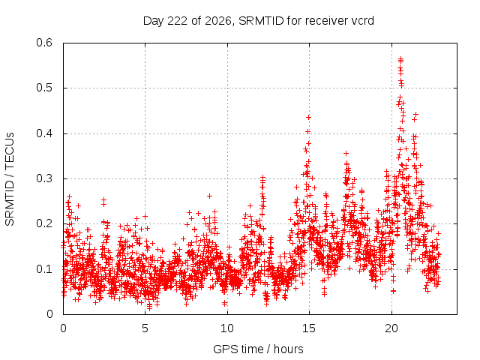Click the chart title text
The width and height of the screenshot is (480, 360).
258,21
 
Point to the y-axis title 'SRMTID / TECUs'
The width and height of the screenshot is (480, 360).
10,179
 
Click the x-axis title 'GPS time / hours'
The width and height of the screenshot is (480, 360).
258,349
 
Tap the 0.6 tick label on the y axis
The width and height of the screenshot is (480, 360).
44,43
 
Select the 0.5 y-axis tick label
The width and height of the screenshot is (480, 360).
44,88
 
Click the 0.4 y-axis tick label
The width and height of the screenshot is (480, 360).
44,133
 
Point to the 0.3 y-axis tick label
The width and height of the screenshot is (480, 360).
44,178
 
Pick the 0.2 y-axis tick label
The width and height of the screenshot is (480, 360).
44,223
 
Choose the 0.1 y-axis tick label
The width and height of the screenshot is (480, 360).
44,269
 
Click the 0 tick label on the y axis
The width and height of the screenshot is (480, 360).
49,314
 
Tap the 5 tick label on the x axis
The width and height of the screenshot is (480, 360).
145,328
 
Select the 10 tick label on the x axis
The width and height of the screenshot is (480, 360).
227,328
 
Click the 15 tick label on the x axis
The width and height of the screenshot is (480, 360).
309,328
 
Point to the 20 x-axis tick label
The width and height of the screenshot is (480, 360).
391,328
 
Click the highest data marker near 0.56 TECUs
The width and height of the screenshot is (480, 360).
400,58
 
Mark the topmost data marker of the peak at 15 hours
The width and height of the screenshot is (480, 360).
308,117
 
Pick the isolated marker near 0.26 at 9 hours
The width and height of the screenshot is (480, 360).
210,196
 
